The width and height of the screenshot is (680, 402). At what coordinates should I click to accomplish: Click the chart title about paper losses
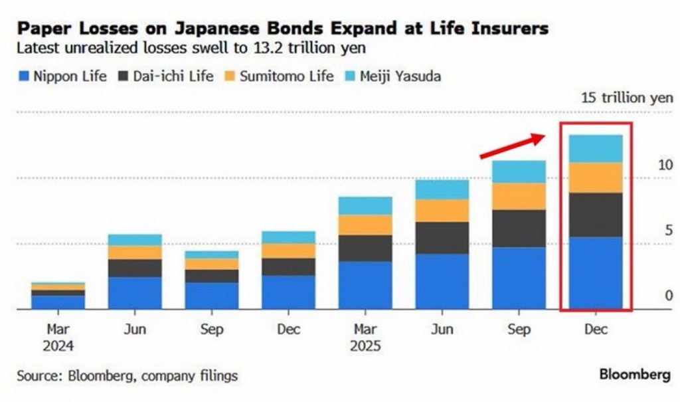[282, 29]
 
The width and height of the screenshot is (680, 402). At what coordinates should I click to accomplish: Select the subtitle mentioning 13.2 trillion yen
[191, 49]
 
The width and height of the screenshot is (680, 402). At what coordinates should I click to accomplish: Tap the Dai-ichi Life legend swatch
[124, 76]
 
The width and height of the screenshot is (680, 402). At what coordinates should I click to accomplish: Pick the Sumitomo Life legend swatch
[230, 76]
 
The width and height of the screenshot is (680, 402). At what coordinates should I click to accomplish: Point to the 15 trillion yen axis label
[627, 98]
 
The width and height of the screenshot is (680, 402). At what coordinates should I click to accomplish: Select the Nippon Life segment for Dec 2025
[596, 272]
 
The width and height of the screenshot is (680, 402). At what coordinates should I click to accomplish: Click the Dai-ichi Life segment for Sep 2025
[519, 229]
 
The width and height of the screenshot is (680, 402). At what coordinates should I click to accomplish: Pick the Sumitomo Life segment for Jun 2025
[442, 211]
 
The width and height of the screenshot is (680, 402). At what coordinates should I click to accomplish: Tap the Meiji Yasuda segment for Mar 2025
[365, 205]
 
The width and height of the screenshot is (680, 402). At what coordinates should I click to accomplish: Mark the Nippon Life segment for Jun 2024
[135, 293]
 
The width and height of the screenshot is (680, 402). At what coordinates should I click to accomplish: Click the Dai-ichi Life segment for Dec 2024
[288, 266]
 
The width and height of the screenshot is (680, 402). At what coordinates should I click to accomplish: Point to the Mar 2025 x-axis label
[365, 338]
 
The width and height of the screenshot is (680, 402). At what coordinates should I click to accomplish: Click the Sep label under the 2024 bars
[211, 330]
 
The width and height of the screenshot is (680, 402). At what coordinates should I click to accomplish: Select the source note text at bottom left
[127, 376]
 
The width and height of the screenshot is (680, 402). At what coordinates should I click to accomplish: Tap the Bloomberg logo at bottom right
[635, 375]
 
